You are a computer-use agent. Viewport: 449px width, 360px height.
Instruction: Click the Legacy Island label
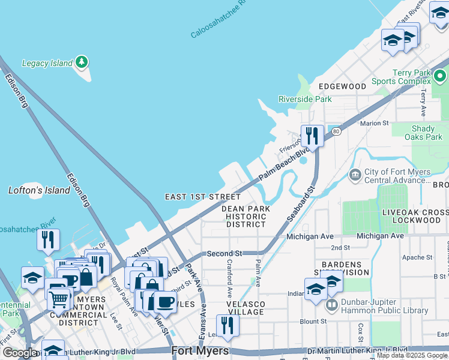tap(46, 63)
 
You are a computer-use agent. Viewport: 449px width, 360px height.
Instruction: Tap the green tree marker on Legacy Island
tap(81, 62)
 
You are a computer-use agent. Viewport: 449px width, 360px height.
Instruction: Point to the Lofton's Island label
tap(39, 190)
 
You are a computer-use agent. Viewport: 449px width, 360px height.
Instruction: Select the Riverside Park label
tap(305, 99)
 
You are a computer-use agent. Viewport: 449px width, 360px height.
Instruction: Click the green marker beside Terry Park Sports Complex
tap(440, 76)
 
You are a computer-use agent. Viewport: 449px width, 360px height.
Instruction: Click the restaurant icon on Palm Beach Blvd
tap(312, 135)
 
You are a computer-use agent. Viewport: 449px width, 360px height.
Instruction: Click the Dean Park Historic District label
tap(246, 216)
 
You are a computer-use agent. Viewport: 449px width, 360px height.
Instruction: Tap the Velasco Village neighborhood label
tap(246, 307)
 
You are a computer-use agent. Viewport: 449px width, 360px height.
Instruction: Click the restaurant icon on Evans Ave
tap(227, 325)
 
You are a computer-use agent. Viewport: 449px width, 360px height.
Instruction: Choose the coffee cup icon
tap(166, 302)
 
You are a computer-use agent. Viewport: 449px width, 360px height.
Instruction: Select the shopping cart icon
tap(59, 298)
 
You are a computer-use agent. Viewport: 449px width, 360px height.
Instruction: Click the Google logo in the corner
tap(19, 353)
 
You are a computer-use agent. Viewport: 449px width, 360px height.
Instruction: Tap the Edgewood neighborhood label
tap(342, 86)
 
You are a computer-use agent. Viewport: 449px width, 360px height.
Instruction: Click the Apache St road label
tap(419, 257)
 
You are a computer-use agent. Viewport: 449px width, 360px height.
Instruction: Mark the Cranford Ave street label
tap(230, 279)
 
